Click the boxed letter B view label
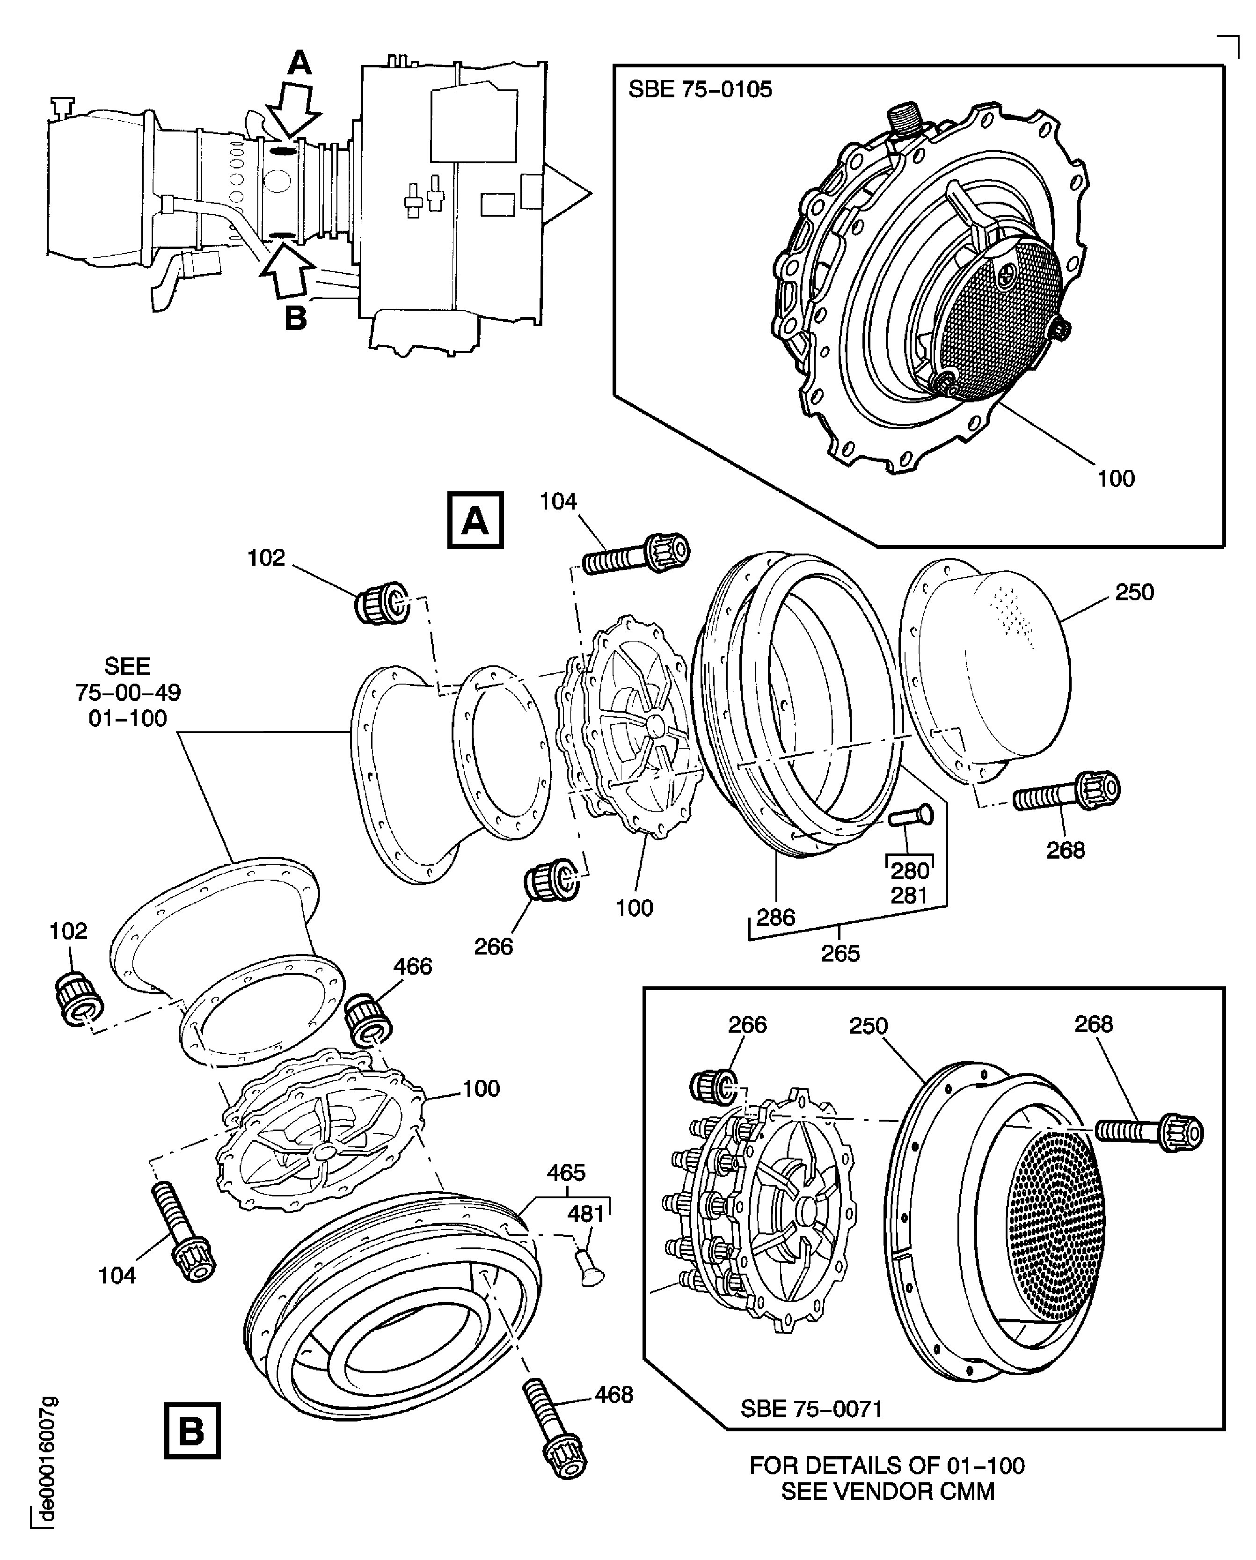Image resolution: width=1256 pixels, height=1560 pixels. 192,1430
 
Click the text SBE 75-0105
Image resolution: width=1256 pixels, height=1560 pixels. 700,90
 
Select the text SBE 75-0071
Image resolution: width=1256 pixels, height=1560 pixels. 811,1409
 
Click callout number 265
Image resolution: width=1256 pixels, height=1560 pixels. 840,953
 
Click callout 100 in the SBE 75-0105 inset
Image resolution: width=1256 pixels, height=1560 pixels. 1116,478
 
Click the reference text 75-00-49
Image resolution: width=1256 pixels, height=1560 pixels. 128,693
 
